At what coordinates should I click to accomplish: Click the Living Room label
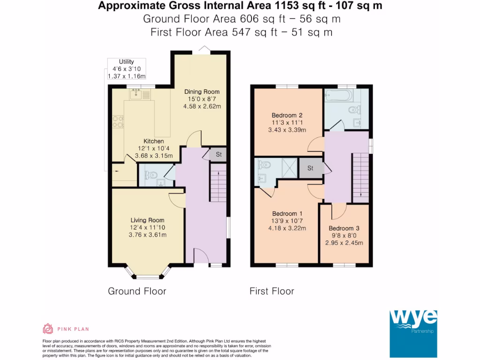point(147,220)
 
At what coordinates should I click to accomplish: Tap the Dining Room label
point(202,91)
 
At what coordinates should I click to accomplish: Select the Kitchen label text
point(154,141)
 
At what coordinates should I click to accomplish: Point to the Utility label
point(126,61)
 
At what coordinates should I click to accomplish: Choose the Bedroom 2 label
point(287,115)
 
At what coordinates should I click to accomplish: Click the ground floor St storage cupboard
point(218,154)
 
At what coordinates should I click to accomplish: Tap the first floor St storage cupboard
point(310,168)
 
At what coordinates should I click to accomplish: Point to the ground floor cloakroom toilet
point(150,175)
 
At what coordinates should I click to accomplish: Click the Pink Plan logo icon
point(48,329)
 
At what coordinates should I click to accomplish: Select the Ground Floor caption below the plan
point(137,291)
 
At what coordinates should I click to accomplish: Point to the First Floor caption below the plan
point(271,291)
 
